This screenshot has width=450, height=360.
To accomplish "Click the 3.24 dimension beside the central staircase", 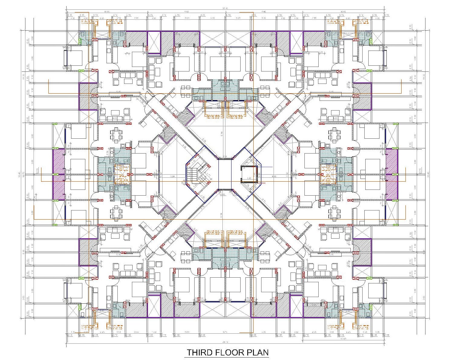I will pos(172,176).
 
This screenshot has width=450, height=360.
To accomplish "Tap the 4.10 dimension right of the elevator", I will pos(274,176).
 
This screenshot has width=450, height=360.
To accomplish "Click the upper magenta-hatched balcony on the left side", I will pos(59,161).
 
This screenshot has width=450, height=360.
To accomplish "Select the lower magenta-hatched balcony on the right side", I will pos(392,187).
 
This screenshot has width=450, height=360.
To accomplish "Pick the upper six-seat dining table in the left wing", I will pos(117,135).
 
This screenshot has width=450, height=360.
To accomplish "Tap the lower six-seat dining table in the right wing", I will pos(334,213).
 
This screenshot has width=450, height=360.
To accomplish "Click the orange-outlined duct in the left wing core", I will pos(122,174).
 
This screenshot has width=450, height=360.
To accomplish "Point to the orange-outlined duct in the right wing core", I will pos(328,174).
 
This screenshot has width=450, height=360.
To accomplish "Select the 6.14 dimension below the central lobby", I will pos(222,215).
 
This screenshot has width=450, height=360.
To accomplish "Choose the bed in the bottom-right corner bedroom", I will pos(376,291).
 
